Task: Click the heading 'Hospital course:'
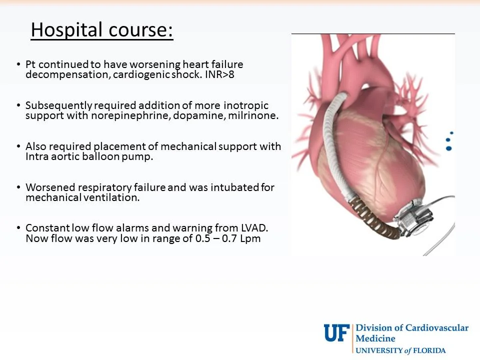pyautogui.click(x=102, y=30)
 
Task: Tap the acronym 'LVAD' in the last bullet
pyautogui.click(x=253, y=228)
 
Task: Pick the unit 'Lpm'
pyautogui.click(x=250, y=238)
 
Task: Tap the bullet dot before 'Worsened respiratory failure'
pyautogui.click(x=18, y=188)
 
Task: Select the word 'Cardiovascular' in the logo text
pyautogui.click(x=436, y=328)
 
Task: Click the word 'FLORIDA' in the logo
pyautogui.click(x=429, y=350)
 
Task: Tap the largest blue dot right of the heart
pyautogui.click(x=448, y=148)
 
